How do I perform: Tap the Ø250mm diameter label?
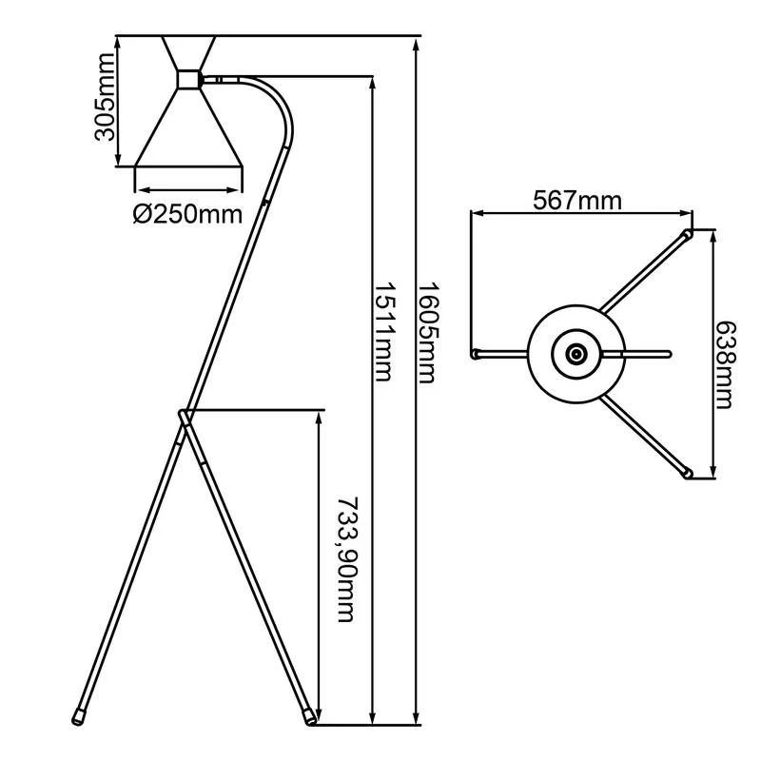tap(187, 214)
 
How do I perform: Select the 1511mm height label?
tap(382, 331)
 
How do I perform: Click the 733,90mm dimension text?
tap(346, 559)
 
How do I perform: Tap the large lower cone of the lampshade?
tap(188, 128)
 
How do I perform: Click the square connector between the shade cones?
tap(189, 78)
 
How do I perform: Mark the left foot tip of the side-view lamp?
tap(77, 714)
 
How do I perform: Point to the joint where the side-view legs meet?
tap(185, 415)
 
